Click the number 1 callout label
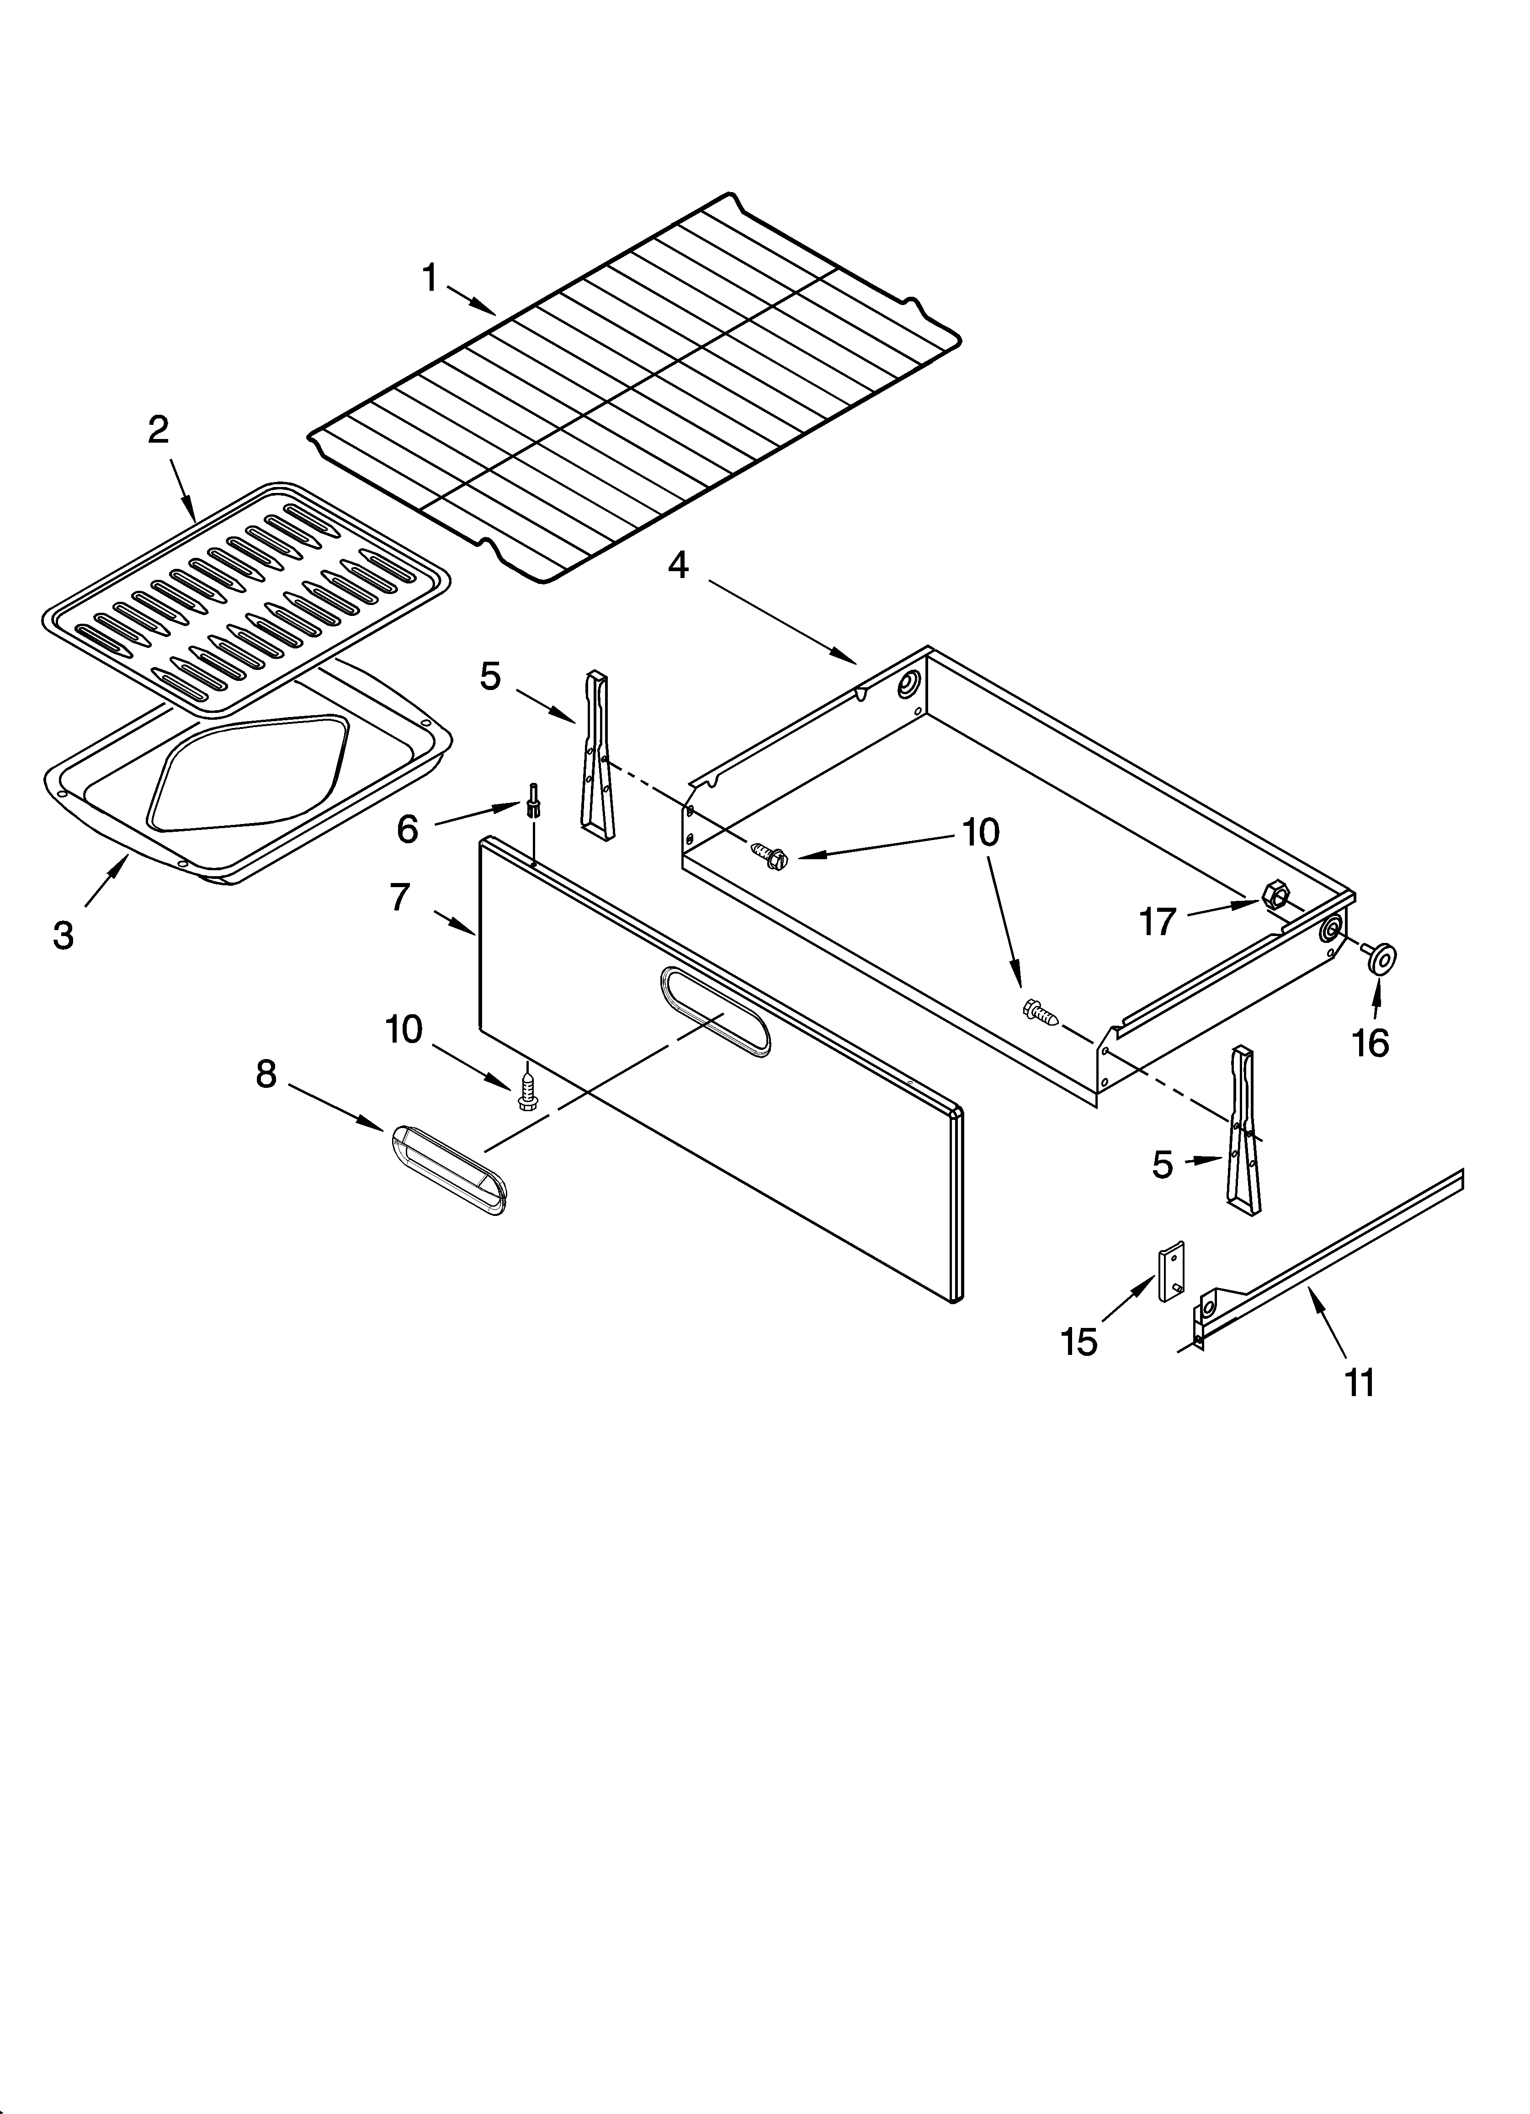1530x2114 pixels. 430,278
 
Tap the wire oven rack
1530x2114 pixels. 634,391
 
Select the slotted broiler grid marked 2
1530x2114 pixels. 247,597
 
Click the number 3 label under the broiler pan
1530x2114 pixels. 64,935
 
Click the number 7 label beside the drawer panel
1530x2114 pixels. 400,898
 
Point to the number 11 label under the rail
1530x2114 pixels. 1360,1383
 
